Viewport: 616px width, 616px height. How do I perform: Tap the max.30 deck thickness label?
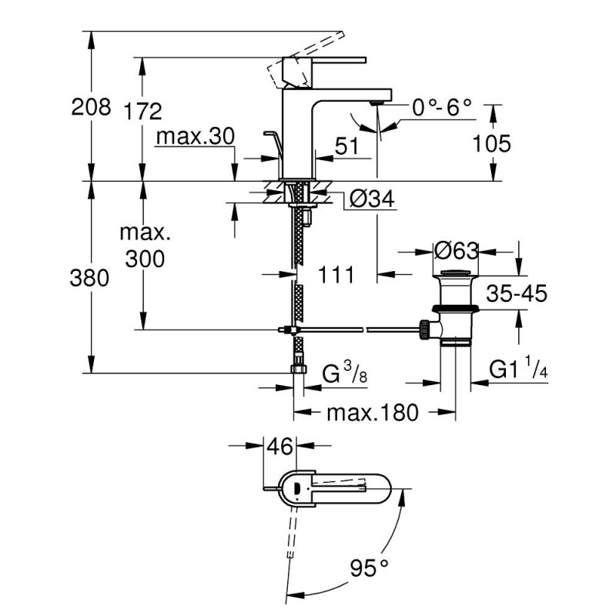[x=193, y=137]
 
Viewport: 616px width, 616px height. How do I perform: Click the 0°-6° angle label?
[x=440, y=107]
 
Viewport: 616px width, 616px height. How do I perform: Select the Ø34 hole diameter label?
[x=372, y=200]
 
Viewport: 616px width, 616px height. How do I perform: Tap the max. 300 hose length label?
[x=142, y=246]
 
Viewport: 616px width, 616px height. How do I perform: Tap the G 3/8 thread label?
[x=340, y=374]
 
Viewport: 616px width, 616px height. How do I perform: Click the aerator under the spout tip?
[x=377, y=102]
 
